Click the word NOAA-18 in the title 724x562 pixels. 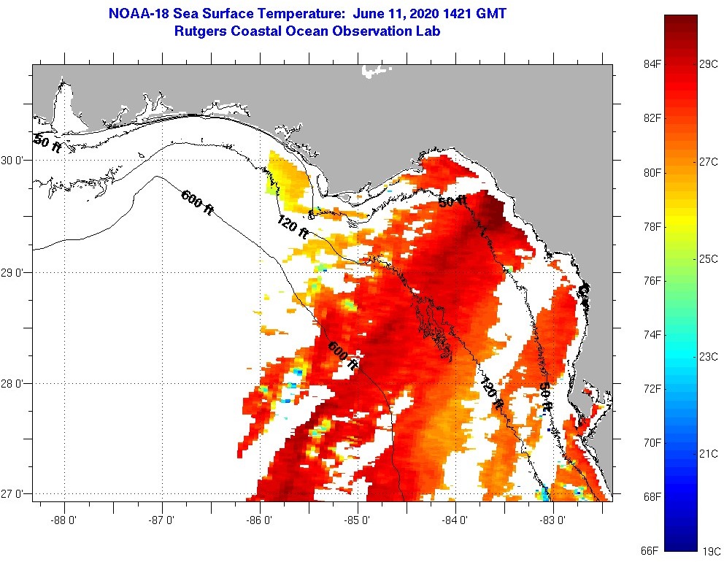click(x=137, y=14)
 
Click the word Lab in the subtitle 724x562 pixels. click(x=428, y=31)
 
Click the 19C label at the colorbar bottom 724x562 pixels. click(x=709, y=550)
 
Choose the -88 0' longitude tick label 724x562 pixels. click(x=64, y=520)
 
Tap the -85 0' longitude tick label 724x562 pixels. click(x=358, y=520)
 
